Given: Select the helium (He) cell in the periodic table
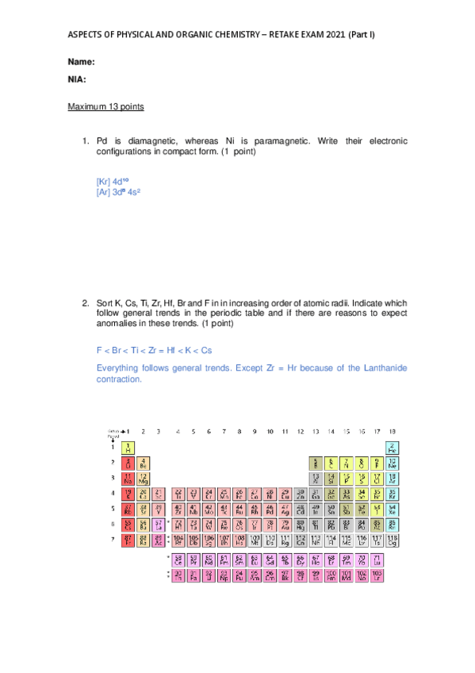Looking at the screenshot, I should [x=392, y=448].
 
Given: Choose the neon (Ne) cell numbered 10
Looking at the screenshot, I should [x=392, y=463].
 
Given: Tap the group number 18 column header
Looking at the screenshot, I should [x=392, y=432].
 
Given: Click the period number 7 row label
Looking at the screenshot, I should [x=112, y=540].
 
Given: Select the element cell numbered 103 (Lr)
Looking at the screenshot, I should [x=377, y=575].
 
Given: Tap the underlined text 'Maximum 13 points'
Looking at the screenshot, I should [x=105, y=106].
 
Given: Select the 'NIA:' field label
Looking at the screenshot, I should [x=77, y=79].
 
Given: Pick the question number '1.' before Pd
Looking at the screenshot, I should [x=86, y=140].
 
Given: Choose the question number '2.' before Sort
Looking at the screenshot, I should [x=86, y=303].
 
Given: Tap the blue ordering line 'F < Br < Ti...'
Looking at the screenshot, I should [x=154, y=350].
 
